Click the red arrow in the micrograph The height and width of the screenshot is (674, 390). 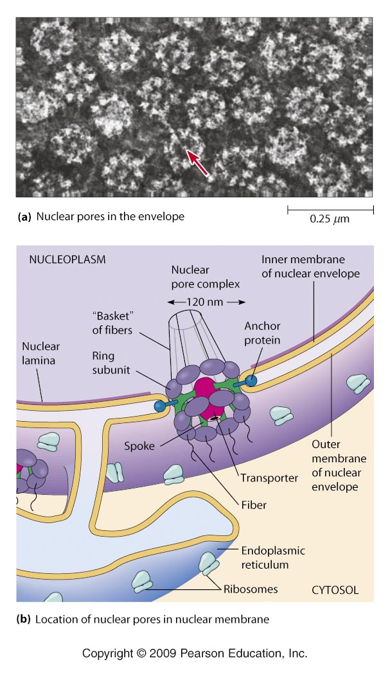click(x=198, y=161)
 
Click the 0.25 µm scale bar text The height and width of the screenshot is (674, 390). click(x=329, y=219)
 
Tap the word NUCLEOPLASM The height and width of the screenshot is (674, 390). click(x=67, y=260)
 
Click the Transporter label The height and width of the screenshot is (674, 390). click(x=268, y=477)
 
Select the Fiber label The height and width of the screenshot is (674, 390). click(x=255, y=505)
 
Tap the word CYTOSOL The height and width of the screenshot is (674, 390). click(x=335, y=589)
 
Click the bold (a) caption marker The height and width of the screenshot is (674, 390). click(x=24, y=217)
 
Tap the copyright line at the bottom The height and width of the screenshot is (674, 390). click(x=195, y=653)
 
